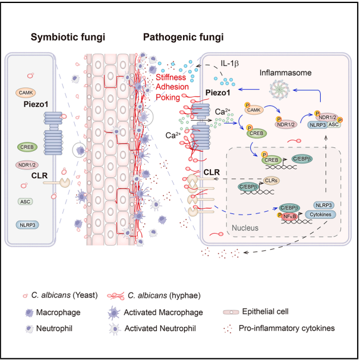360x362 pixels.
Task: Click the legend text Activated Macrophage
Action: tap(164, 312)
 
